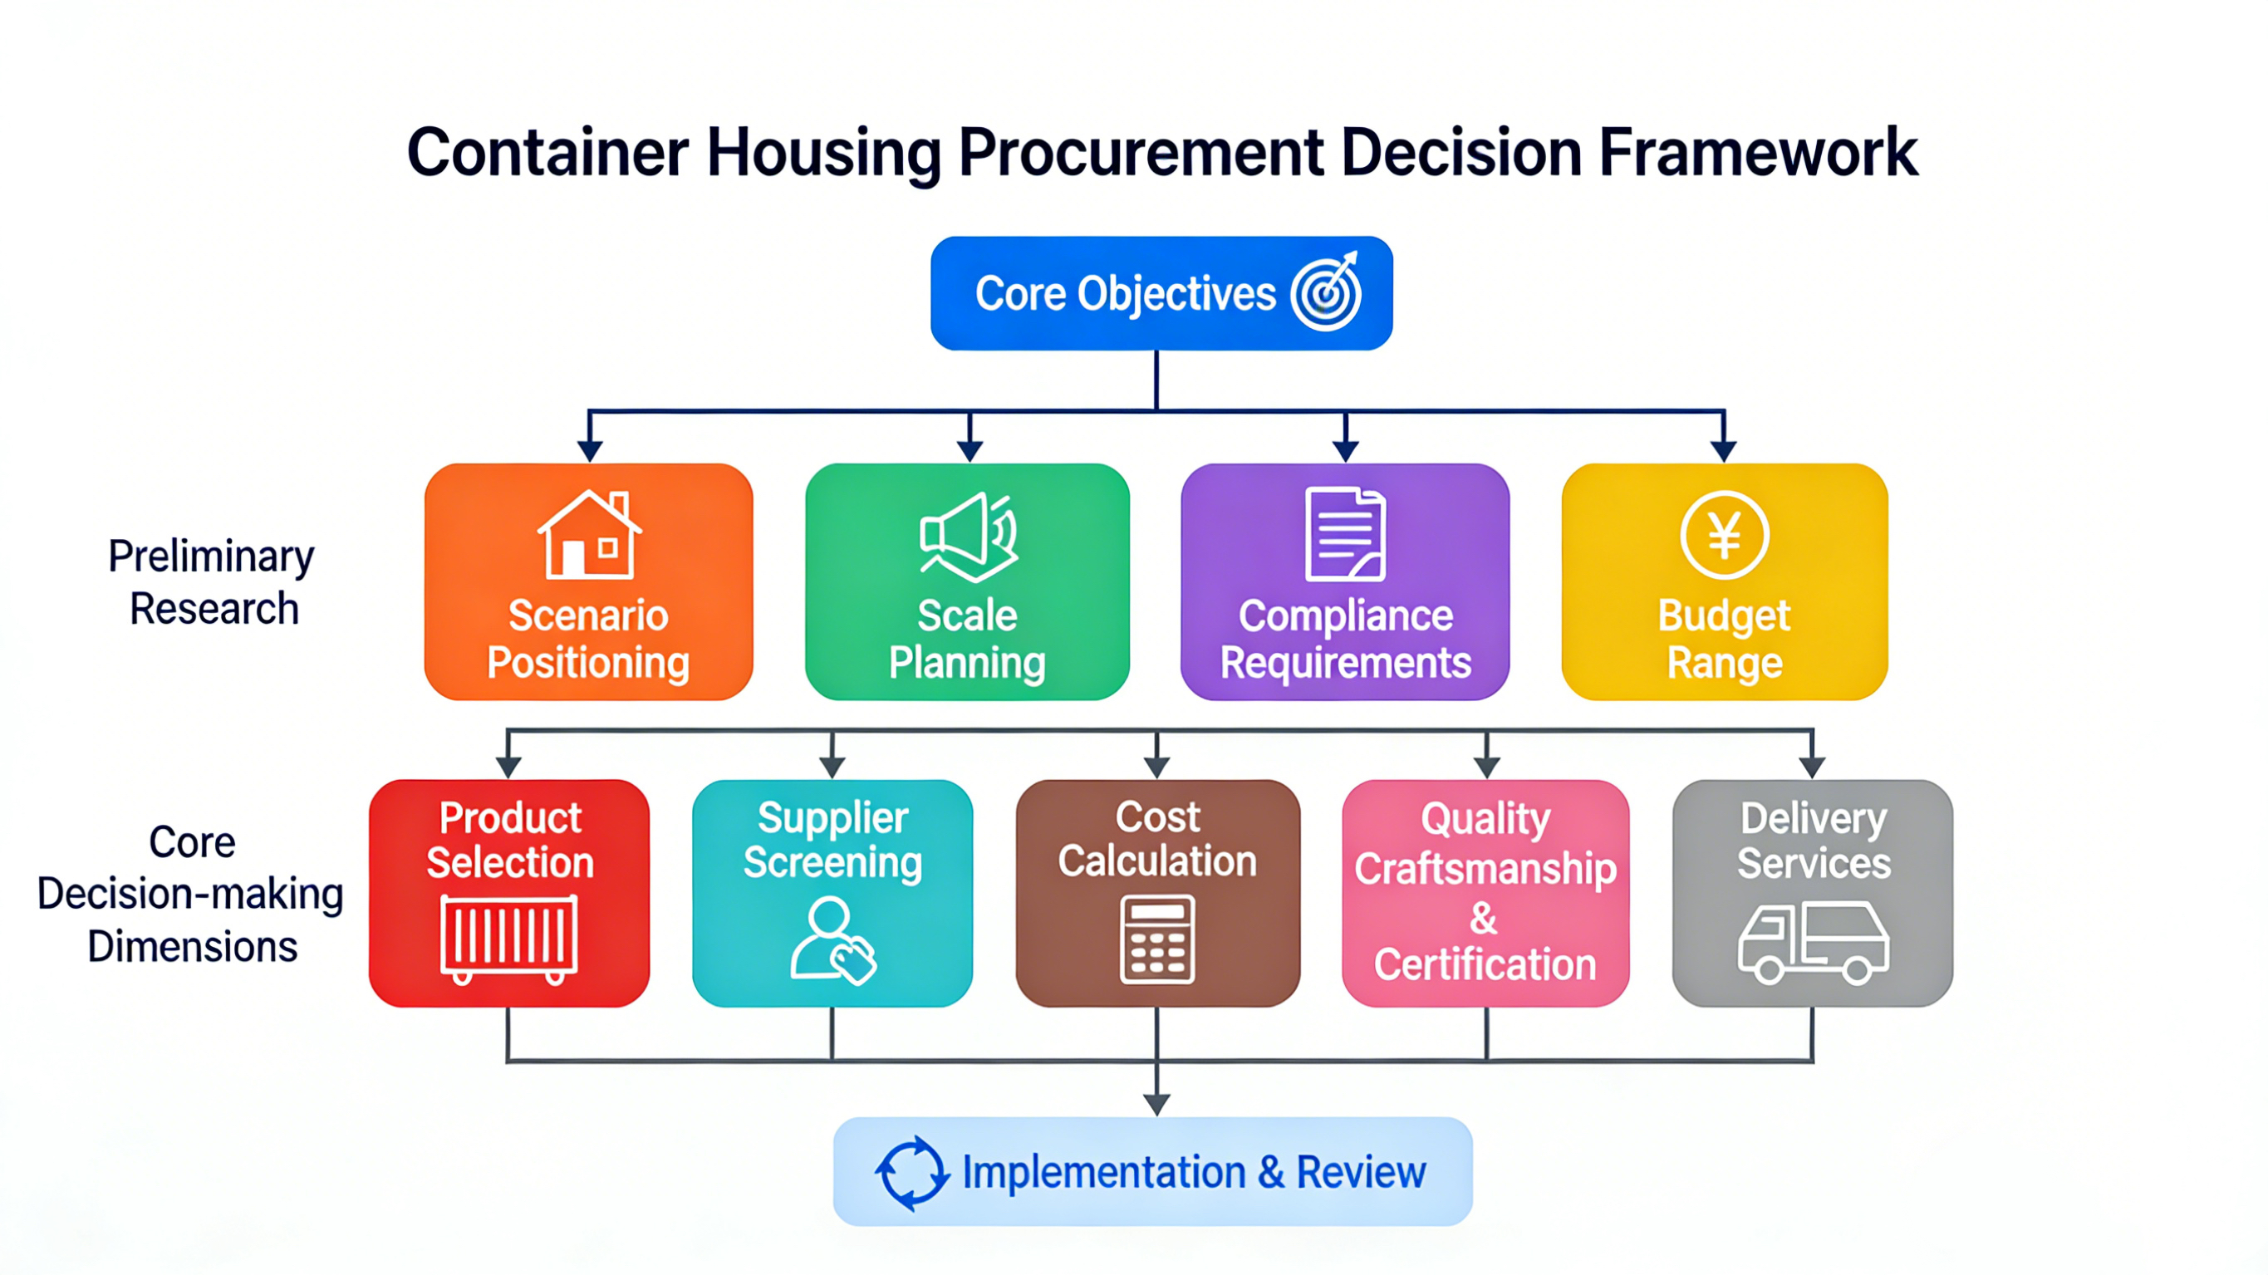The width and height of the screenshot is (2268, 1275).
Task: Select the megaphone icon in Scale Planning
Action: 969,537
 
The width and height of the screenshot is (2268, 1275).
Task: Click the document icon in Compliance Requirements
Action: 1345,533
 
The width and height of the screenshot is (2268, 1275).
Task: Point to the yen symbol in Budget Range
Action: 1724,534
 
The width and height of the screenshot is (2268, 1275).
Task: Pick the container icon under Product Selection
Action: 509,939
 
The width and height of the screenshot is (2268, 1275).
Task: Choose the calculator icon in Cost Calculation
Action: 1157,939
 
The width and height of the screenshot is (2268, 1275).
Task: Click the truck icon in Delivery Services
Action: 1813,942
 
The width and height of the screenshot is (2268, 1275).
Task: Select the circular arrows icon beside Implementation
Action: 912,1173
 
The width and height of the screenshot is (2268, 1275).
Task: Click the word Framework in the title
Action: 1757,152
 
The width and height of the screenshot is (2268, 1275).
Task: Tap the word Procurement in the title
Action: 1141,152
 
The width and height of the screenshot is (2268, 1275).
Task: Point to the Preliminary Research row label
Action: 211,582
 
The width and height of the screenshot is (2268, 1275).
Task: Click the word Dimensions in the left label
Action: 192,947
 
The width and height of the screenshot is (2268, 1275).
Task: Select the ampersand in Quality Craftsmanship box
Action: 1484,919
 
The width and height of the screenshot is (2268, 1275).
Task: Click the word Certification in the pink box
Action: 1485,965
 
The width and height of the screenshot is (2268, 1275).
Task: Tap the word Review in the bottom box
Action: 1361,1173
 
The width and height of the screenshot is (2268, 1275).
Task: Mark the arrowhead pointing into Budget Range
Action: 1724,451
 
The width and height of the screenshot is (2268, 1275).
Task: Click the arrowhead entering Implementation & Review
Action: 1157,1104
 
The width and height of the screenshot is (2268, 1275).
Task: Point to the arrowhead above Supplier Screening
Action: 832,767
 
